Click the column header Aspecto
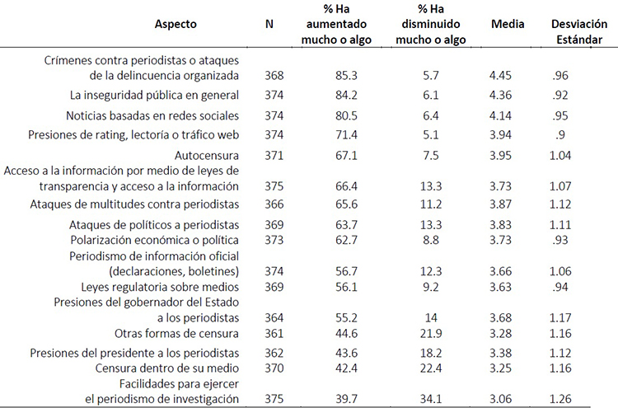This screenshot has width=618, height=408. click(x=176, y=25)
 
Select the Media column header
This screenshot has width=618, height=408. click(x=508, y=25)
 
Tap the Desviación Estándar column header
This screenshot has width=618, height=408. click(x=573, y=31)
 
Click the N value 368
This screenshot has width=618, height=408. click(x=274, y=76)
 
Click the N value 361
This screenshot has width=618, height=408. click(x=274, y=334)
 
